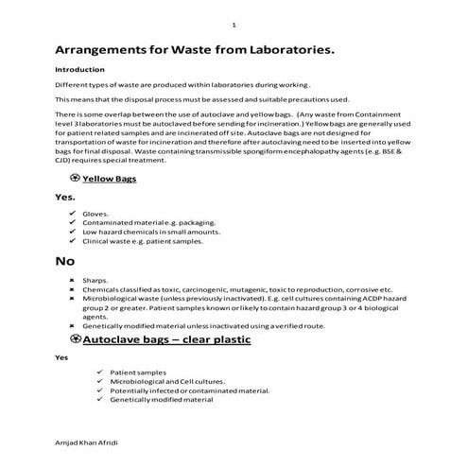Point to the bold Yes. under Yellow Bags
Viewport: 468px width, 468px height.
[65, 197]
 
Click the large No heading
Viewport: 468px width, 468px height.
[65, 260]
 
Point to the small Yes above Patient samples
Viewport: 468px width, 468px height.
[61, 358]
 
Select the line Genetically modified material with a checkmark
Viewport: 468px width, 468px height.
[162, 401]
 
